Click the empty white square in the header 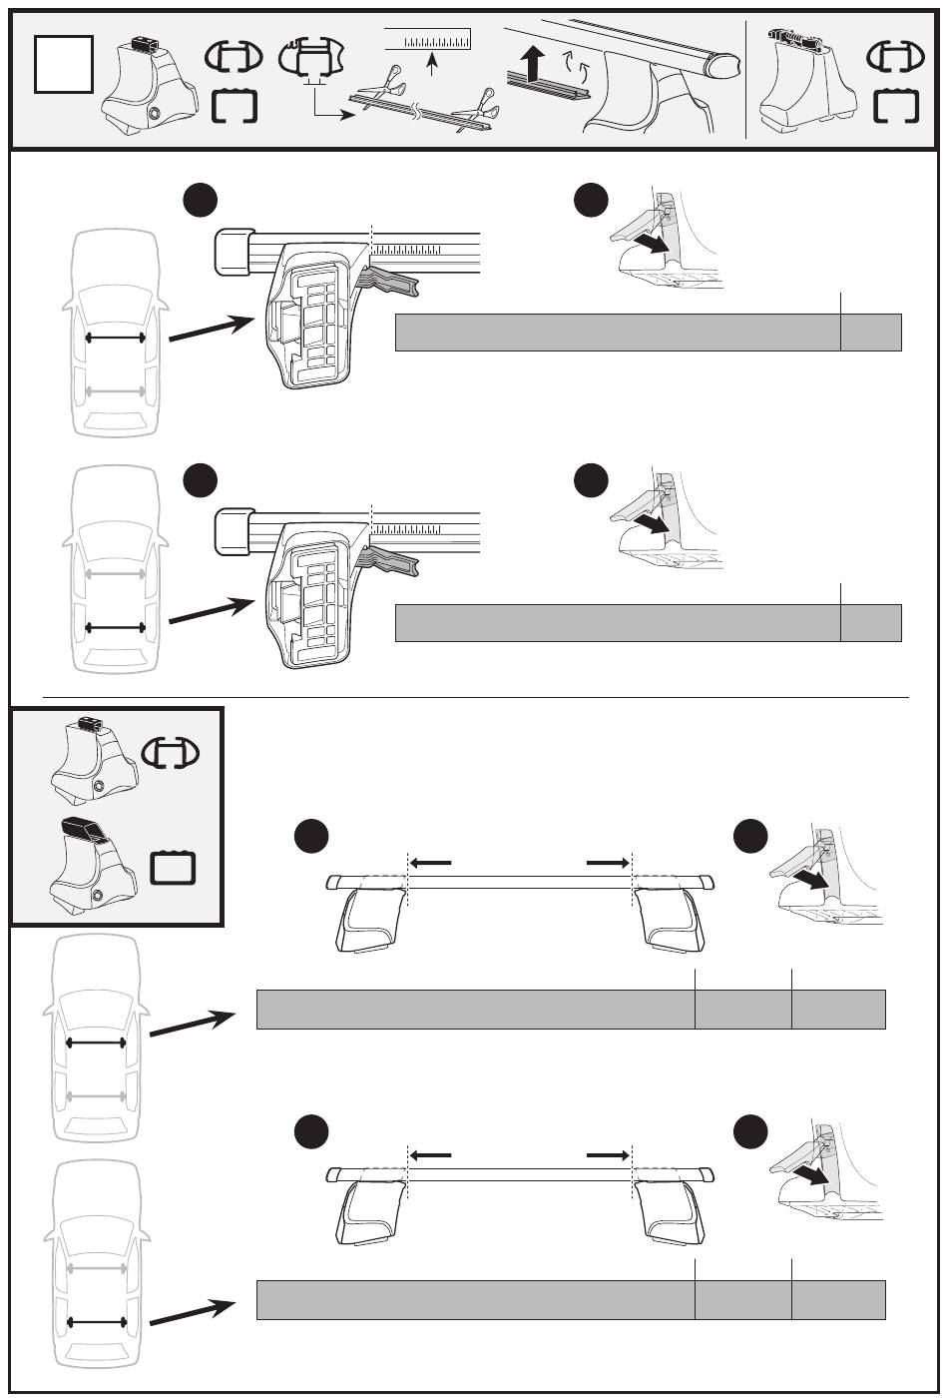coord(64,65)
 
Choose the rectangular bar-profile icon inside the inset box coord(174,867)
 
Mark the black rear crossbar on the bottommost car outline coord(96,1322)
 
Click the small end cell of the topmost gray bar coord(870,333)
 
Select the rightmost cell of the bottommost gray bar coord(838,1299)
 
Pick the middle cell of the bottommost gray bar coord(742,1299)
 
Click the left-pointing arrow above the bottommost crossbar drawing coord(431,1154)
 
